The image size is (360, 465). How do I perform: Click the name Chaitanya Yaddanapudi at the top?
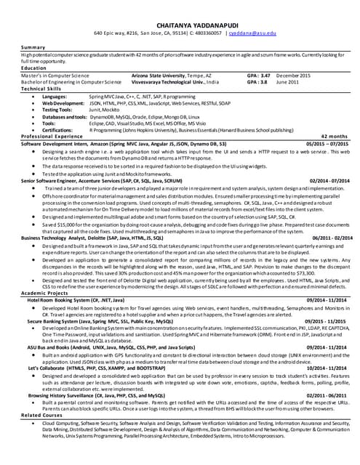point(179,23)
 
